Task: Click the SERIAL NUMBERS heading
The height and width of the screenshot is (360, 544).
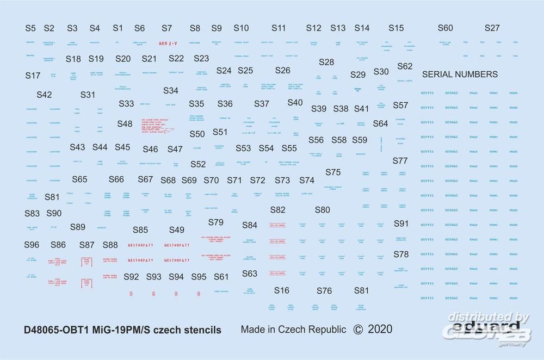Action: pyautogui.click(x=460, y=75)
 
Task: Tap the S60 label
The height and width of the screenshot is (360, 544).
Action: pyautogui.click(x=445, y=28)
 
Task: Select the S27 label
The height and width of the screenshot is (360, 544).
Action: pyautogui.click(x=492, y=28)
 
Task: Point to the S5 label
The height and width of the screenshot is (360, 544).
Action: pyautogui.click(x=30, y=28)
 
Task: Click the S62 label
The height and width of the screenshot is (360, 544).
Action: pyautogui.click(x=405, y=66)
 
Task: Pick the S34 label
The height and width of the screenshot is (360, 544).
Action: pyautogui.click(x=170, y=91)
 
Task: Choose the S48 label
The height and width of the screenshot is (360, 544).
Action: pyautogui.click(x=125, y=124)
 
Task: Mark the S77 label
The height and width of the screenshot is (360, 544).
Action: pyautogui.click(x=400, y=161)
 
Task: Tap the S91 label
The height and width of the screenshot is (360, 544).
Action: pyautogui.click(x=401, y=224)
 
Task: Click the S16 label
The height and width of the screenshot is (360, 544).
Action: pyautogui.click(x=282, y=290)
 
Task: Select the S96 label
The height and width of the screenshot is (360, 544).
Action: pyautogui.click(x=32, y=245)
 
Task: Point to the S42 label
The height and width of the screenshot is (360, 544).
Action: pyautogui.click(x=44, y=95)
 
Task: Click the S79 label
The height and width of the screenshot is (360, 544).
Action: pyautogui.click(x=216, y=222)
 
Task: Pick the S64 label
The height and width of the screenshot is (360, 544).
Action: pyautogui.click(x=380, y=124)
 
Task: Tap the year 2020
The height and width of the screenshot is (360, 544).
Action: pyautogui.click(x=380, y=329)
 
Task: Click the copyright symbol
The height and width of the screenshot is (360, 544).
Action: pyautogui.click(x=357, y=329)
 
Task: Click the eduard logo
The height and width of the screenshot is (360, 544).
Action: pyautogui.click(x=479, y=328)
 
